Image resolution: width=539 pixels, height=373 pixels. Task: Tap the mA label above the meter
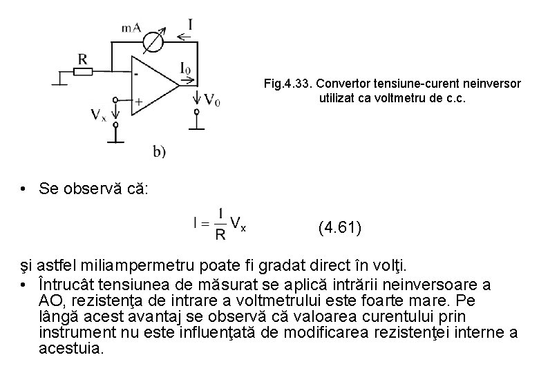pyautogui.click(x=131, y=28)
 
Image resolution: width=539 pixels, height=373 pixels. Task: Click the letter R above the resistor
pyautogui.click(x=83, y=58)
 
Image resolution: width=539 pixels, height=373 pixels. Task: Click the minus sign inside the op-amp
pyautogui.click(x=138, y=71)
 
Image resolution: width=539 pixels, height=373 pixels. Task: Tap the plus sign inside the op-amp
pyautogui.click(x=138, y=101)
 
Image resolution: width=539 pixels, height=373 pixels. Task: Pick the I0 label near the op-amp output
pyautogui.click(x=185, y=68)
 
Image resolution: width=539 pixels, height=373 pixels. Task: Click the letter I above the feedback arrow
pyautogui.click(x=190, y=25)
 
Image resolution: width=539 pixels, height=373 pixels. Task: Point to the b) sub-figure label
pyautogui.click(x=160, y=151)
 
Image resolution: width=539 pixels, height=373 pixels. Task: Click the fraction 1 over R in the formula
pyautogui.click(x=220, y=224)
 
